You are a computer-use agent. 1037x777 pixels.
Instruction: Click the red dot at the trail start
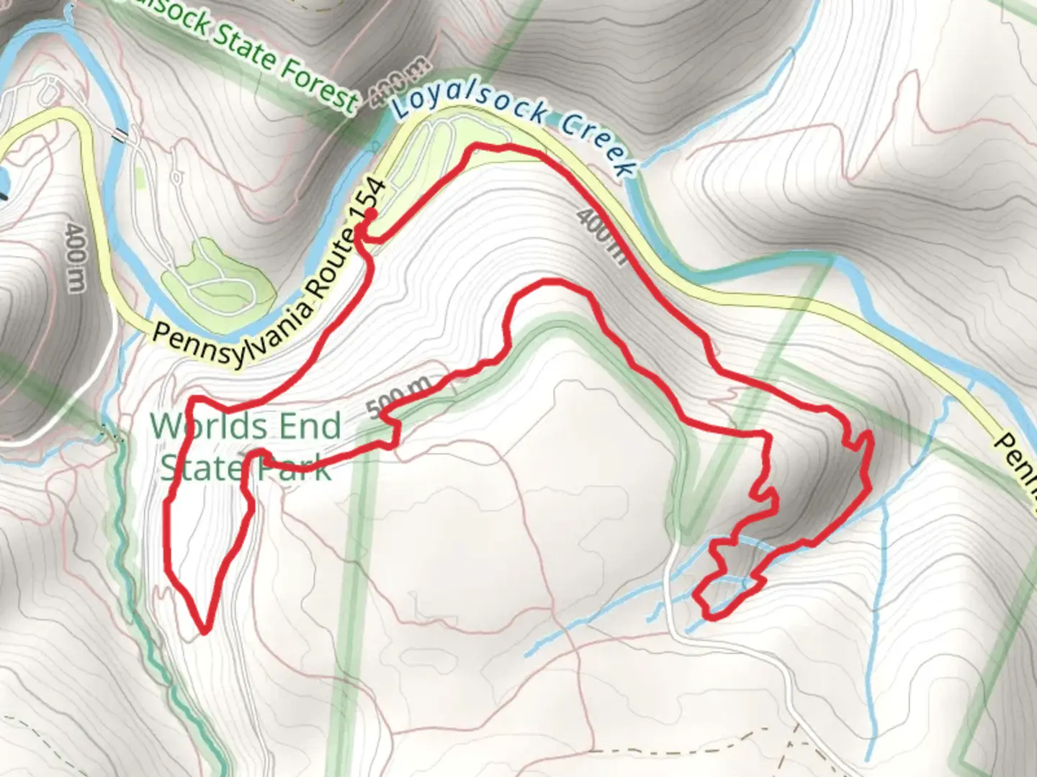tap(372, 214)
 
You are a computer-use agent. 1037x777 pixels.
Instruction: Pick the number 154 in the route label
tap(377, 194)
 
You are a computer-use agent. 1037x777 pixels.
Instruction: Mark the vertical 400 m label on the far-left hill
tap(75, 258)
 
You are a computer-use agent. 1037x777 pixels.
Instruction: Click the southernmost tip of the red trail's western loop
tap(205, 632)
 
